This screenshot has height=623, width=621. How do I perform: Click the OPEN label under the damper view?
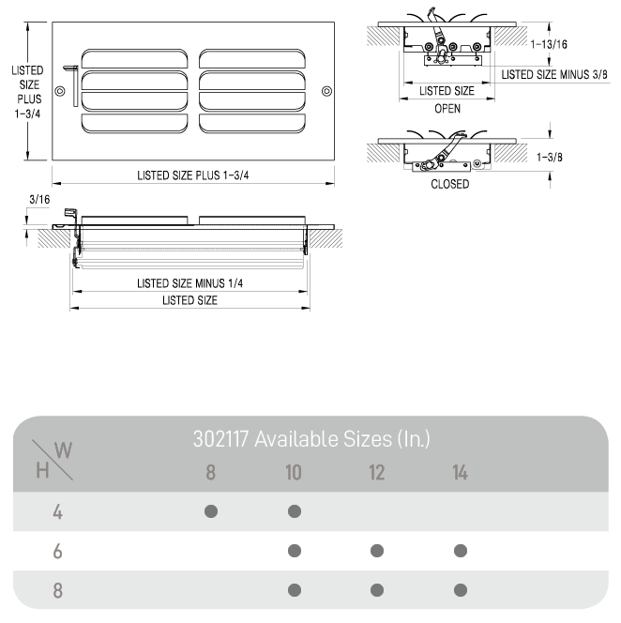pyautogui.click(x=447, y=109)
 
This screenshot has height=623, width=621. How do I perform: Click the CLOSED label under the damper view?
pyautogui.click(x=449, y=184)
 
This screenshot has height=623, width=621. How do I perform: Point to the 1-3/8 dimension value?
pyautogui.click(x=550, y=157)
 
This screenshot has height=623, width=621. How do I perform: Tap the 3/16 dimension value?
pyautogui.click(x=38, y=199)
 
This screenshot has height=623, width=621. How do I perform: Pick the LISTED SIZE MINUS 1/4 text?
pyautogui.click(x=189, y=283)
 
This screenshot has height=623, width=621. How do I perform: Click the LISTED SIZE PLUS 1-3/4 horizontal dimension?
pyautogui.click(x=192, y=175)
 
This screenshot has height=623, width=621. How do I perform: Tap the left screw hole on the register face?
pyautogui.click(x=61, y=91)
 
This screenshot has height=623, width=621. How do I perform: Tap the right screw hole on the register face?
pyautogui.click(x=326, y=91)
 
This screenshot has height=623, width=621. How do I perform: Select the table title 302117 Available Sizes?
pyautogui.click(x=311, y=438)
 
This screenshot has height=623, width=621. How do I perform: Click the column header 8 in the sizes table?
pyautogui.click(x=211, y=472)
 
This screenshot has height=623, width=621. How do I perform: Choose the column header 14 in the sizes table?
pyautogui.click(x=460, y=472)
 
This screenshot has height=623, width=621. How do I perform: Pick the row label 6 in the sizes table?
pyautogui.click(x=57, y=552)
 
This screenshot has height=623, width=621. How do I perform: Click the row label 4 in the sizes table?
pyautogui.click(x=57, y=512)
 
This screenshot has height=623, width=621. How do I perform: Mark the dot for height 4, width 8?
pyautogui.click(x=211, y=511)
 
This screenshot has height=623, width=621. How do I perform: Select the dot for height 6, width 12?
pyautogui.click(x=377, y=551)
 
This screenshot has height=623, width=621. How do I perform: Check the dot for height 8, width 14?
pyautogui.click(x=460, y=590)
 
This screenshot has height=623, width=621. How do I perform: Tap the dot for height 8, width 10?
pyautogui.click(x=295, y=590)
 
